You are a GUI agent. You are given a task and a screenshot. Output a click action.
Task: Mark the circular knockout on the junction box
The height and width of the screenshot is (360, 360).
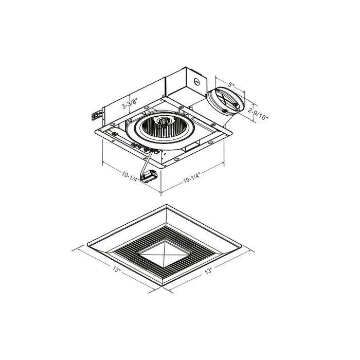[196, 81]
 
